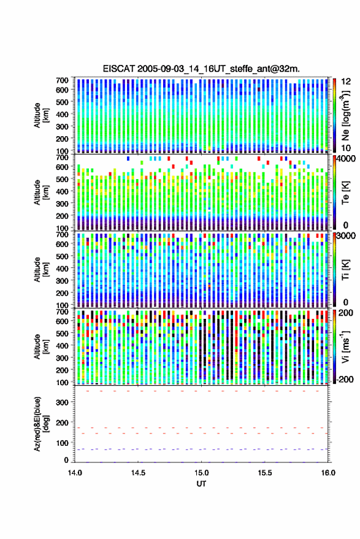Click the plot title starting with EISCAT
tap(201, 69)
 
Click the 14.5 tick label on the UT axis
tap(138, 473)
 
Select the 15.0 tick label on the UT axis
tap(202, 473)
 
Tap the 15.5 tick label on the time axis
tap(265, 473)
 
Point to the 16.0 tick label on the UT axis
tap(328, 473)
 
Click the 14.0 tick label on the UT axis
tap(75, 473)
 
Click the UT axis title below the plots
tap(202, 484)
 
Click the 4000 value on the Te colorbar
tap(346, 159)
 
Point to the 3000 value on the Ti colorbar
tap(346, 236)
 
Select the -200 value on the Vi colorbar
tap(345, 380)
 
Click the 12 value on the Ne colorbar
tap(347, 82)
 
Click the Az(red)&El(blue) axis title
tap(40, 424)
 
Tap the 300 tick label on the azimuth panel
tap(63, 402)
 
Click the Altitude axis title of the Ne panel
tap(40, 115)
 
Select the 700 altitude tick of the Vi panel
tap(63, 312)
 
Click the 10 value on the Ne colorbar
tap(347, 148)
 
